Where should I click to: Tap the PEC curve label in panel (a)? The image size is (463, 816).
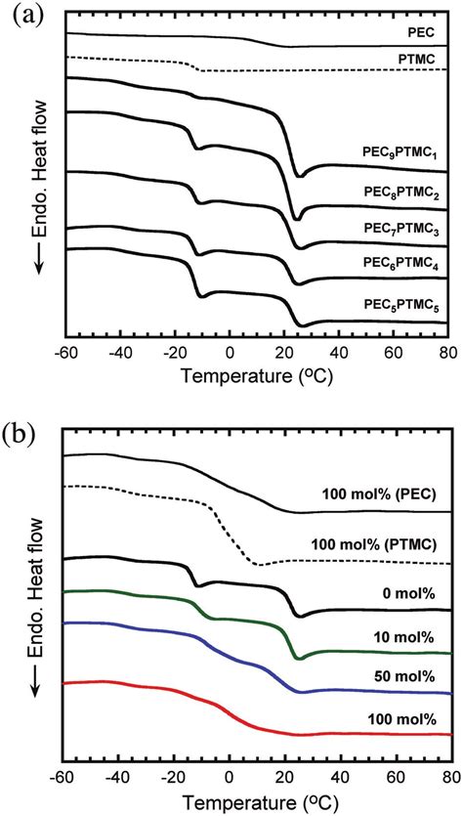click(x=422, y=32)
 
